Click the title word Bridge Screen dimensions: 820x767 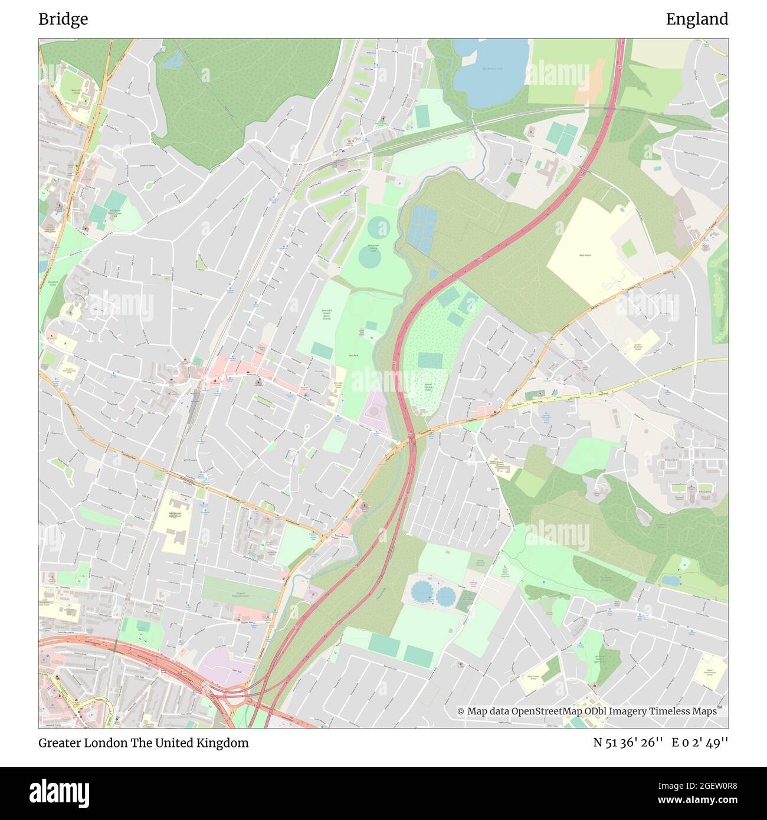click(63, 19)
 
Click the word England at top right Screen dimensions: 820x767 click(697, 19)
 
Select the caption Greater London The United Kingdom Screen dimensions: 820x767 click(143, 743)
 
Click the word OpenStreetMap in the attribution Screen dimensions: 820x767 click(547, 711)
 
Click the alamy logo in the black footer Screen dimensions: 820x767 click(59, 792)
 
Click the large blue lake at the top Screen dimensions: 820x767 click(491, 68)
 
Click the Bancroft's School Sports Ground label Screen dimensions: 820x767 click(326, 313)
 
